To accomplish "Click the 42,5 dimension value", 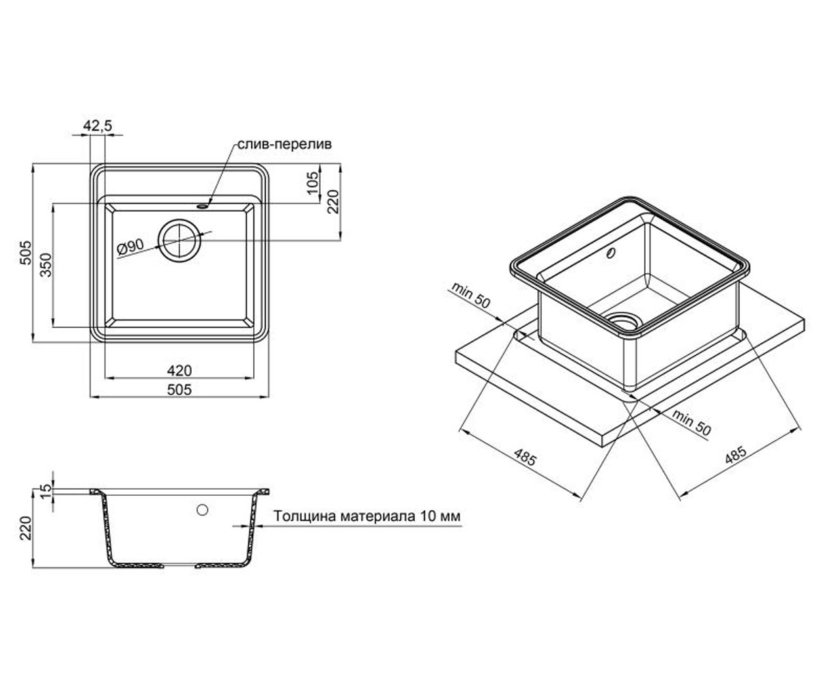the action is coord(98,126).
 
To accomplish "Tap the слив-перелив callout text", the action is coord(285,144).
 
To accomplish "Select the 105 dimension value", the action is coord(313,183).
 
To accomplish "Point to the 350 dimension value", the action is coord(46,265).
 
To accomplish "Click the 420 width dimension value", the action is coord(179,370).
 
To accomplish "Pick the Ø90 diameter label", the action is coord(130,247).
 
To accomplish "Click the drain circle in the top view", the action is coord(179,240).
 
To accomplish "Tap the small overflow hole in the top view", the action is coord(203,206).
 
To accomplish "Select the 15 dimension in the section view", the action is coord(46,490).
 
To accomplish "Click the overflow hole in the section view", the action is coord(203,510).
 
